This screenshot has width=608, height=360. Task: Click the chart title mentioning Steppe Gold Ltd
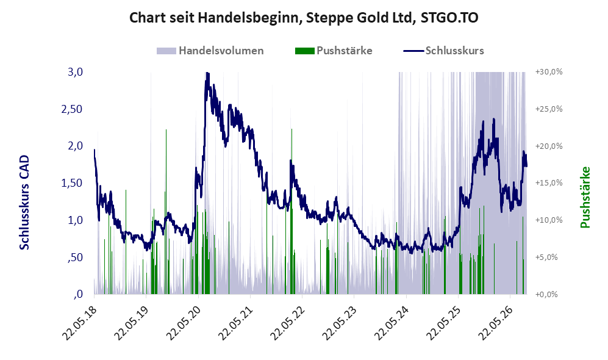(x=304, y=18)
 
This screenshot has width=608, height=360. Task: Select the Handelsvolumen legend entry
(x=210, y=51)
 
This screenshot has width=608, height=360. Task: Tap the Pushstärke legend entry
(x=334, y=51)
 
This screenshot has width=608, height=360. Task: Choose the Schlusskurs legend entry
(x=443, y=51)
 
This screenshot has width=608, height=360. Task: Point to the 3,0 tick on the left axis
(x=75, y=72)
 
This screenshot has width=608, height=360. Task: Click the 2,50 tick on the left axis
(x=72, y=109)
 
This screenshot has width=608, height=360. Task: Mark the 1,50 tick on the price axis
(x=72, y=183)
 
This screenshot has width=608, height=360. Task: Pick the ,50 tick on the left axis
(x=75, y=257)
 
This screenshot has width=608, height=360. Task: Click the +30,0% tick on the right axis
(x=549, y=72)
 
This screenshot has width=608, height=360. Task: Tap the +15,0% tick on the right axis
(x=549, y=183)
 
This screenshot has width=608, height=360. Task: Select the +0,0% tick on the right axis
(x=547, y=295)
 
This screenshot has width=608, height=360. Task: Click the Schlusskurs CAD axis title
(x=24, y=202)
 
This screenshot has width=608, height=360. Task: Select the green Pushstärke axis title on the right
(x=585, y=198)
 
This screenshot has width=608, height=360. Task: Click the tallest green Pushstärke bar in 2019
(x=166, y=211)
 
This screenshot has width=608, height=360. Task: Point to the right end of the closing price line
(x=526, y=166)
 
